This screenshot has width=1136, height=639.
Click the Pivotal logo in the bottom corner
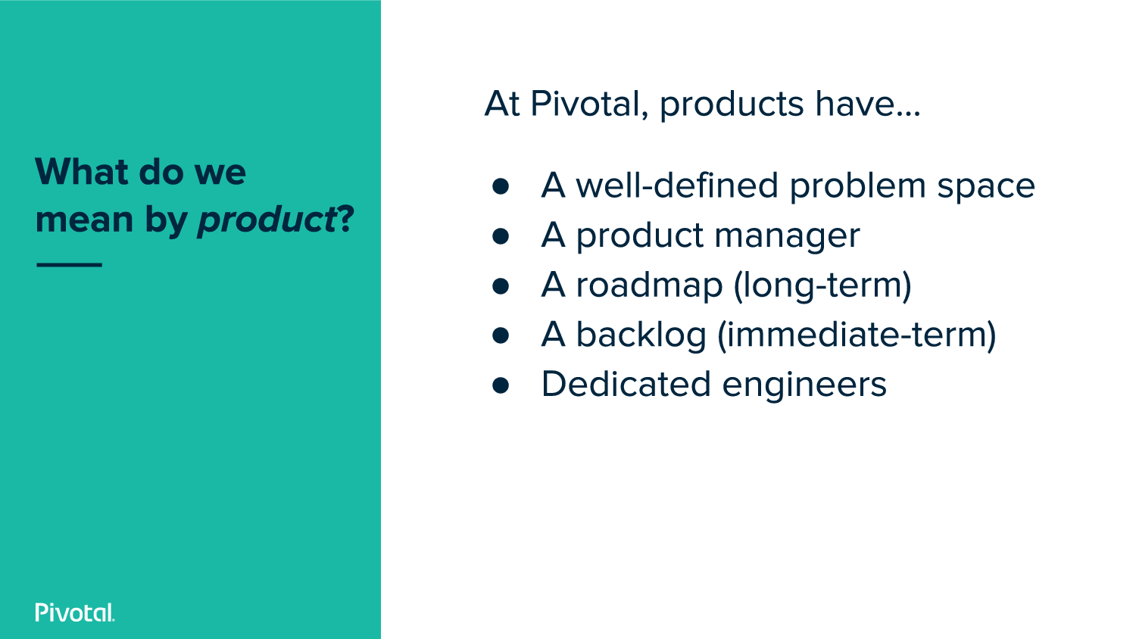(x=75, y=612)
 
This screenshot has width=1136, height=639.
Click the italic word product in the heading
(x=267, y=220)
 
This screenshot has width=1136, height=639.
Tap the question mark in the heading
(x=345, y=219)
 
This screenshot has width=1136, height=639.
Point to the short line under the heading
(x=70, y=265)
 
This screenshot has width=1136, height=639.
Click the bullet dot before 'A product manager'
(x=501, y=235)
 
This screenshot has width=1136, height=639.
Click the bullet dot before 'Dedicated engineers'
(x=501, y=385)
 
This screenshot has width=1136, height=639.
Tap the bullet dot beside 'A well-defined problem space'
(x=501, y=186)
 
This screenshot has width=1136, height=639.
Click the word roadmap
(x=649, y=286)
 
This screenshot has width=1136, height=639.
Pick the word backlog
(x=641, y=335)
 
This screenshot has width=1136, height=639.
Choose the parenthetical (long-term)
(x=822, y=286)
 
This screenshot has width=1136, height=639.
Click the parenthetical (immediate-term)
(x=857, y=335)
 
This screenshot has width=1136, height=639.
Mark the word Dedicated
(x=626, y=384)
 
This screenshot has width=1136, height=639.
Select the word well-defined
(x=677, y=185)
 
